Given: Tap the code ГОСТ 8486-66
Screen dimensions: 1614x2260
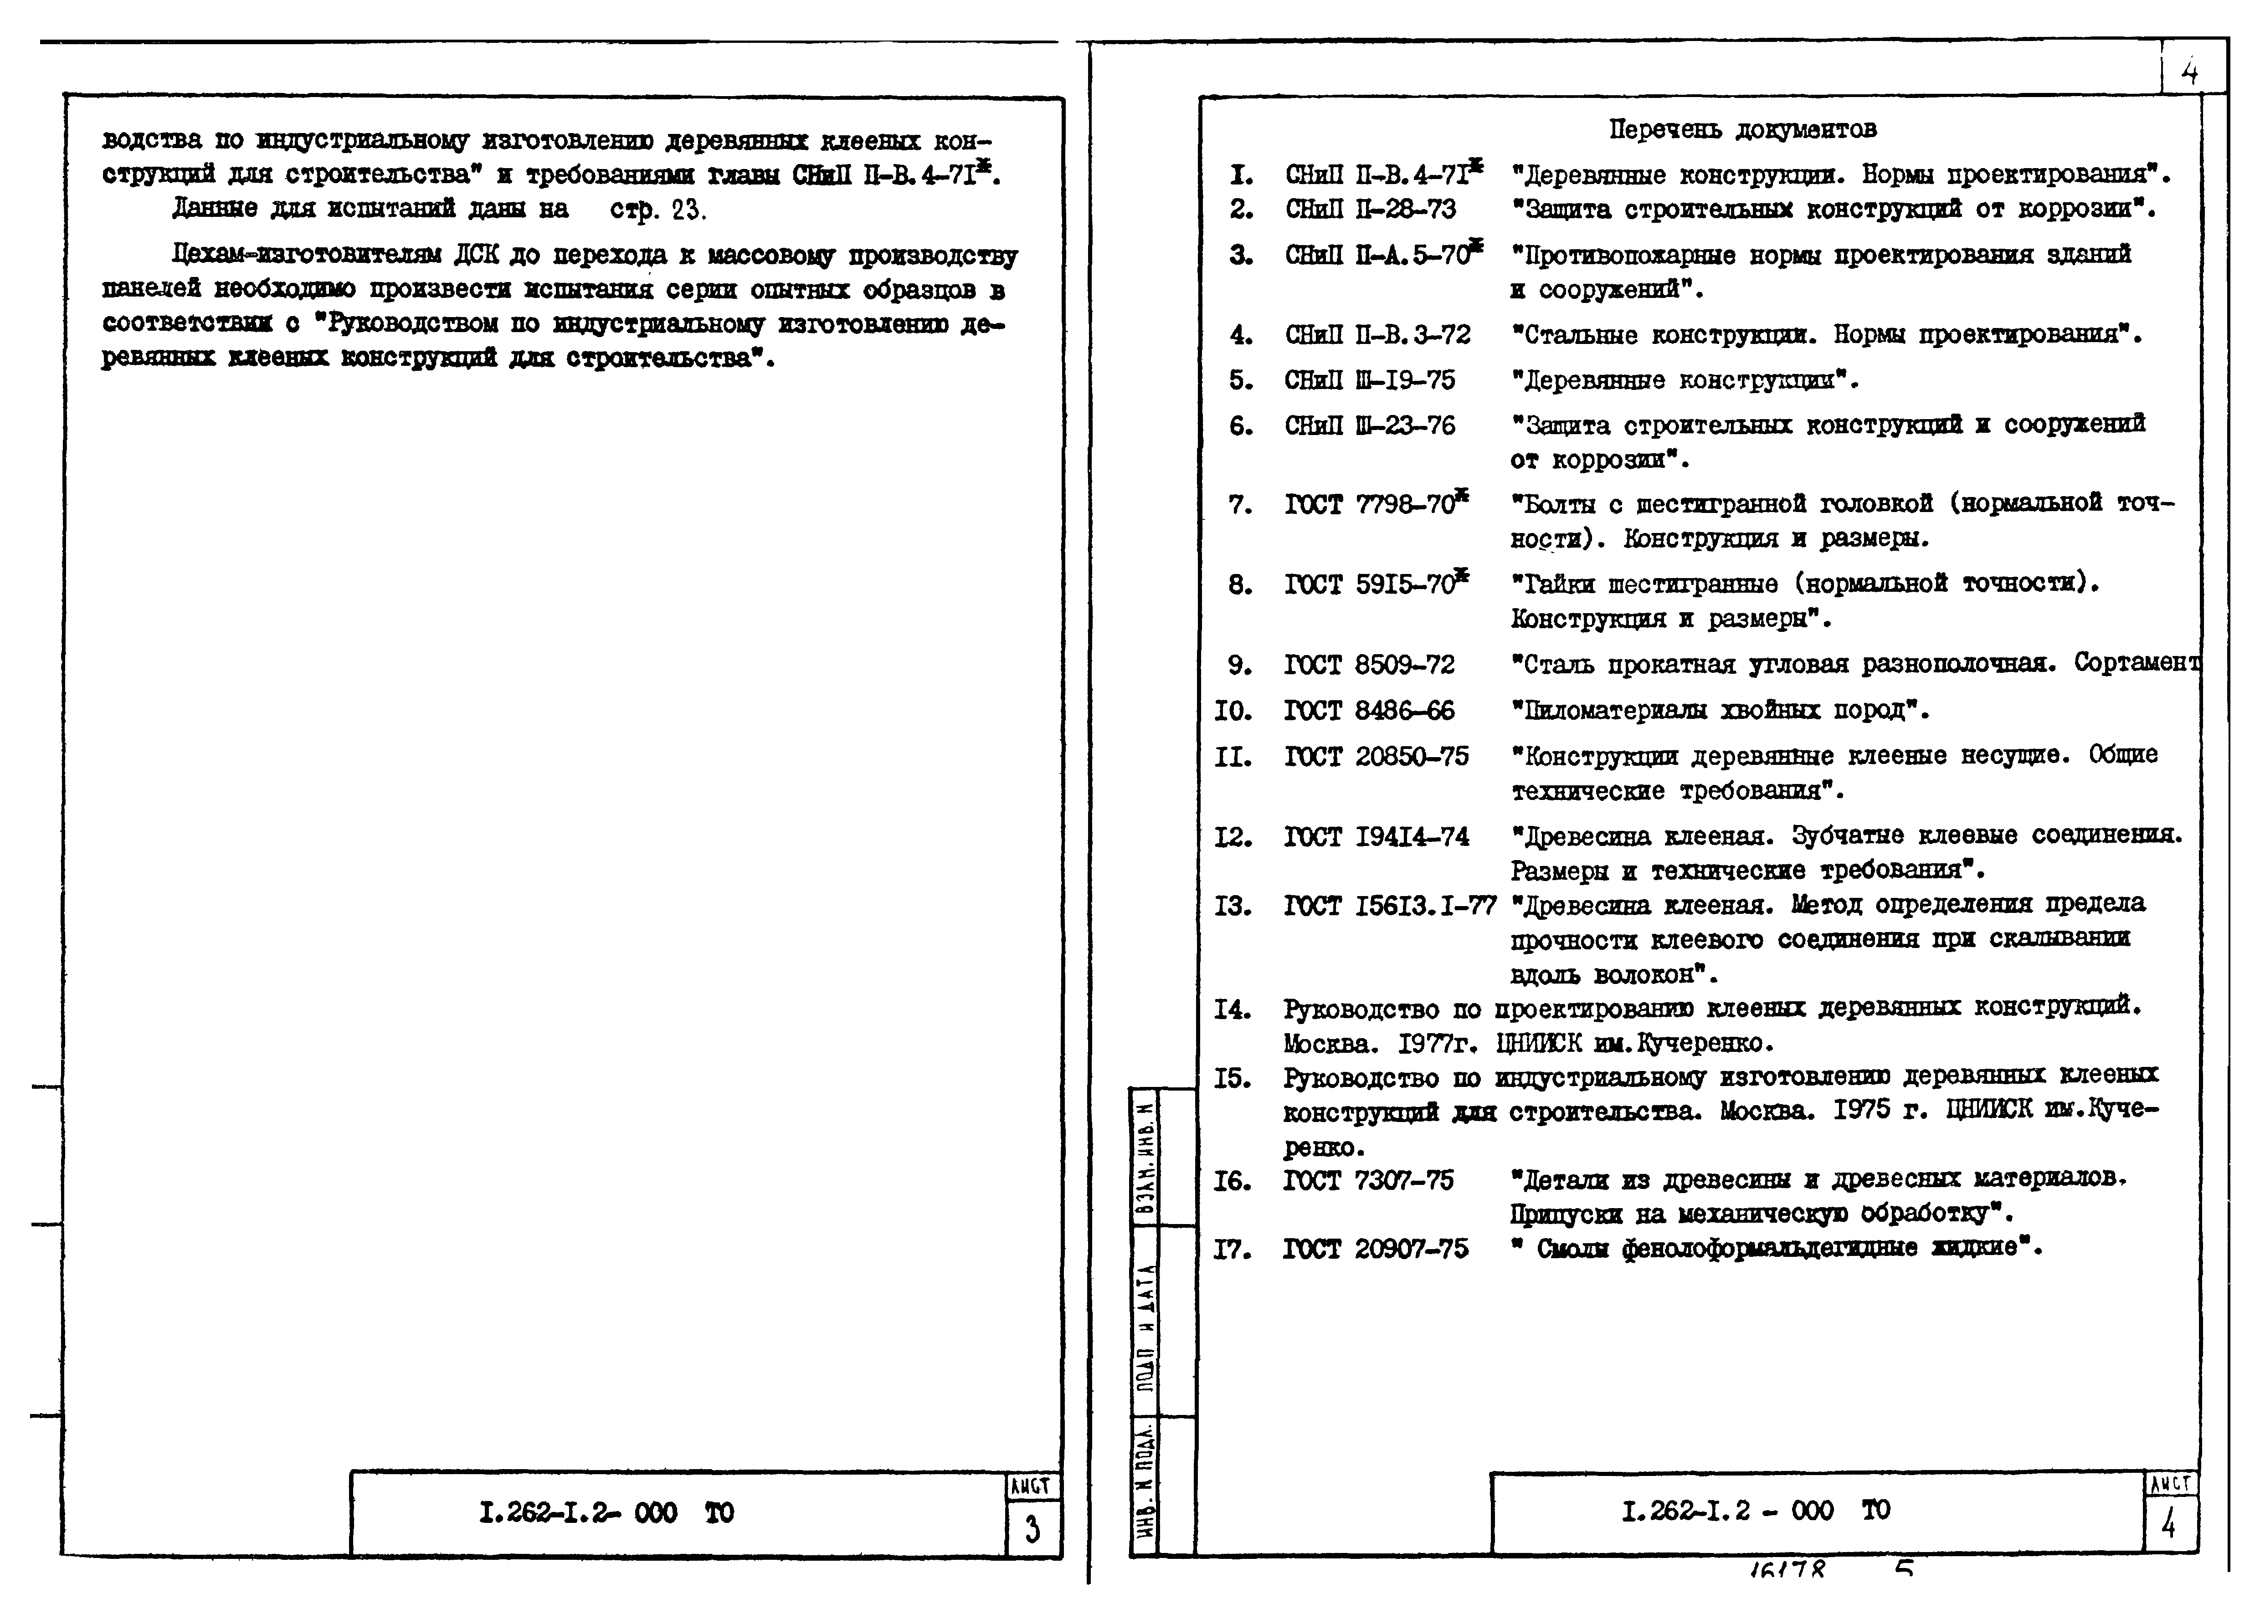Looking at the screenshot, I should click(1368, 711).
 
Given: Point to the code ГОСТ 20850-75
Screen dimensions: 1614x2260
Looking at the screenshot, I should click(1376, 756).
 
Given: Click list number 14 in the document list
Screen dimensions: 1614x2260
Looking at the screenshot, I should click(1233, 1010).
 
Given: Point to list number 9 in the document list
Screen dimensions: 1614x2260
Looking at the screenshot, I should click(1239, 665).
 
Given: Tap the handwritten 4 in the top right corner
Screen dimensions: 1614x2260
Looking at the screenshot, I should click(2189, 72).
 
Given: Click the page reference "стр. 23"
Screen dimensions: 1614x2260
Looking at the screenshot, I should click(658, 210).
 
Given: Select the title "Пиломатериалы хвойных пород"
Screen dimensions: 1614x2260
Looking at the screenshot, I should click(1719, 711).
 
